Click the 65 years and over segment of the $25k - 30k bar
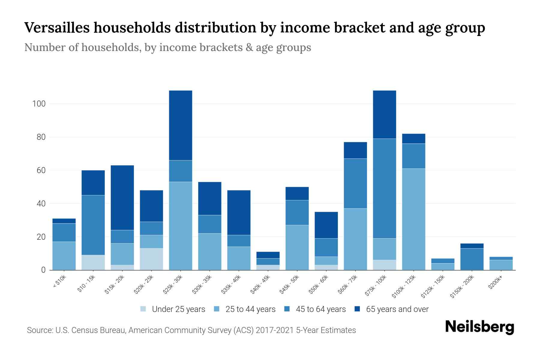181,125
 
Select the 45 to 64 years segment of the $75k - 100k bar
384,188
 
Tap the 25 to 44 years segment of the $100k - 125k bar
413,219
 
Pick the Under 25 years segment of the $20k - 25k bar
151,259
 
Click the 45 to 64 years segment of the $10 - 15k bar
93,225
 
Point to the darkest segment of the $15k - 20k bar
122,197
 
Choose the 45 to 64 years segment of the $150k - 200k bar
472,259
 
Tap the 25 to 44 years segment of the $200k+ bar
501,265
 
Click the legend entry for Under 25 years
173,309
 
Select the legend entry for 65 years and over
391,309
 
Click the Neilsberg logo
479,327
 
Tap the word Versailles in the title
57,28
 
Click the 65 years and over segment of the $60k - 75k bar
355,150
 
